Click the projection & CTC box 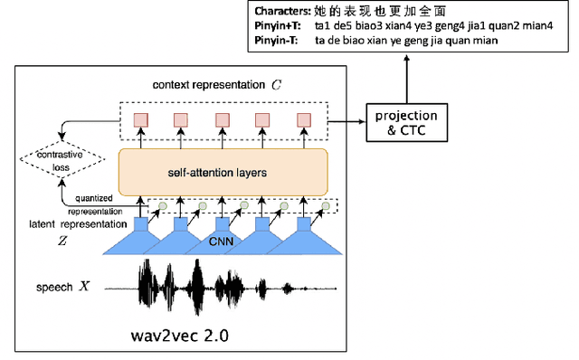tap(405, 122)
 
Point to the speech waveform tap(217, 289)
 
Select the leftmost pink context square tap(141, 120)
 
